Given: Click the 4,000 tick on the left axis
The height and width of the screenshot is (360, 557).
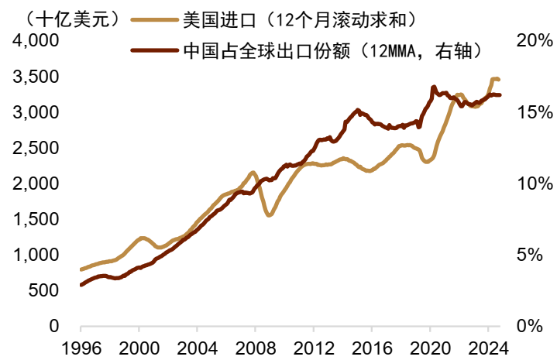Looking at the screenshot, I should click(37, 42).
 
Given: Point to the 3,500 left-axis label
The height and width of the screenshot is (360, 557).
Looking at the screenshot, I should click(37, 77).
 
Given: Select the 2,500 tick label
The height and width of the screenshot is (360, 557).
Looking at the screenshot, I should click(37, 149).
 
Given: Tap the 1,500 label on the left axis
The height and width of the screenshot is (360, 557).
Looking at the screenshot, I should click(37, 220).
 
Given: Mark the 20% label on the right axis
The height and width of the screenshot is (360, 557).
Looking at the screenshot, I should click(532, 42).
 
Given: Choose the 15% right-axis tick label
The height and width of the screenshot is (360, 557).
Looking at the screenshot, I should click(532, 113).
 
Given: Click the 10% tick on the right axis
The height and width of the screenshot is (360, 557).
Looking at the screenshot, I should click(532, 184).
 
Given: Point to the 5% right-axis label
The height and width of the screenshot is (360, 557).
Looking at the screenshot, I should click(537, 255).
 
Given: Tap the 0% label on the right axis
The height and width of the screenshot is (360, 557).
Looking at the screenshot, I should click(537, 327).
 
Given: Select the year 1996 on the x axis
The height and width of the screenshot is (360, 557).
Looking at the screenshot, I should click(81, 347).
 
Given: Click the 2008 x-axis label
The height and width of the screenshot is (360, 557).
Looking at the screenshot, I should click(256, 347).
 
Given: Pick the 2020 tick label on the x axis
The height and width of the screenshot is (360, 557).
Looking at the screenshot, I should click(431, 347).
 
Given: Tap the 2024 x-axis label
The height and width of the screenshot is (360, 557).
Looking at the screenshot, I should click(489, 347).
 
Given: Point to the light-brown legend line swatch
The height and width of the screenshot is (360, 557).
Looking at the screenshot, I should click(156, 17).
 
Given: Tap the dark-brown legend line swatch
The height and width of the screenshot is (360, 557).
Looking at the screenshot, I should click(156, 51).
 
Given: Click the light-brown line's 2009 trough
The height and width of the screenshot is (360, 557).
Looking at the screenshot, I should click(270, 214).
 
